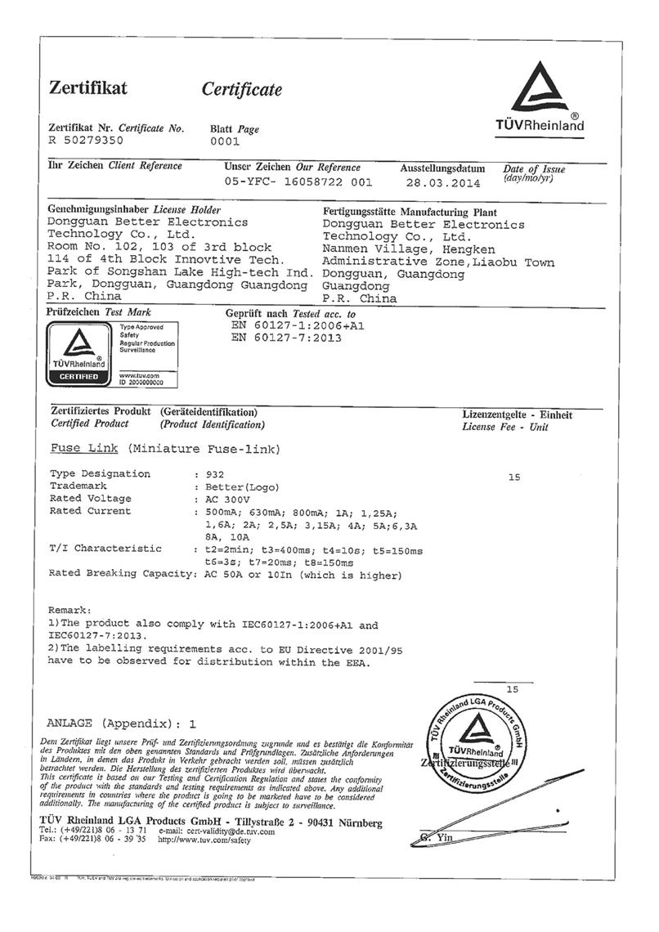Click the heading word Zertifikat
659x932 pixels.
87,87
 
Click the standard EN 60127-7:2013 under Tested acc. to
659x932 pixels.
288,337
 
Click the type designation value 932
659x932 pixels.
213,474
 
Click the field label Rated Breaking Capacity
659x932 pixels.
122,574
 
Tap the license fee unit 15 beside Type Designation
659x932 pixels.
514,477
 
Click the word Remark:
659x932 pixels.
70,611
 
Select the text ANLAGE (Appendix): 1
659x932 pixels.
123,724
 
